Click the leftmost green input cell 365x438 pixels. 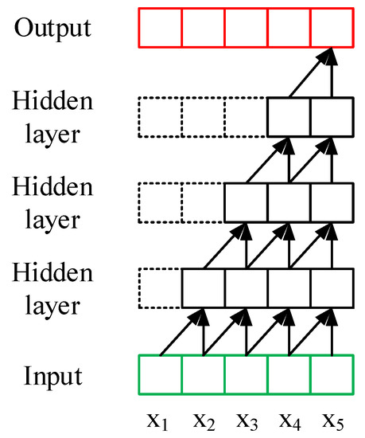[x=161, y=373]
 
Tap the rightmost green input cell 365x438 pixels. [x=332, y=373]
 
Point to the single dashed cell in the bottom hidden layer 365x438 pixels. [x=161, y=287]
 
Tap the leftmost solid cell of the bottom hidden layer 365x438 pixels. [x=204, y=287]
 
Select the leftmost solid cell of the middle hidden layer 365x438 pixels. [x=246, y=201]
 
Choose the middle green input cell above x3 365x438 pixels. [x=246, y=373]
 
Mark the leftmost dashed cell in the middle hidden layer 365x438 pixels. [x=161, y=201]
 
